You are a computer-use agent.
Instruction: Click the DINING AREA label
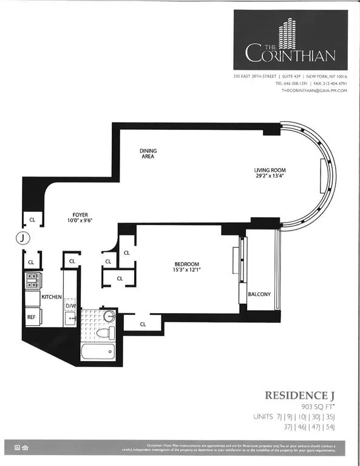[x=147, y=153]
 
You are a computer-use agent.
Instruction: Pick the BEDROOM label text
[x=187, y=263]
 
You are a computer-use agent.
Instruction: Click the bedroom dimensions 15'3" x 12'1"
[x=187, y=270]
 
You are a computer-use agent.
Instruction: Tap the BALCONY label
[x=259, y=295]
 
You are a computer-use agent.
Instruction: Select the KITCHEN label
[x=52, y=297]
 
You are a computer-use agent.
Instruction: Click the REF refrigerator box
[x=32, y=317]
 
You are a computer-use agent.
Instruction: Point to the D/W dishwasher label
[x=70, y=306]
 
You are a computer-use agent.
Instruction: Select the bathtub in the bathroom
[x=100, y=352]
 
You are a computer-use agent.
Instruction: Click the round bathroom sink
[x=109, y=316]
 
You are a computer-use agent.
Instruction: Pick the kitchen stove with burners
[x=32, y=280]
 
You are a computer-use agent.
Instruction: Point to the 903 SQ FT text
[x=319, y=406]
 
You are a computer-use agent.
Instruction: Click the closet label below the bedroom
[x=143, y=324]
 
